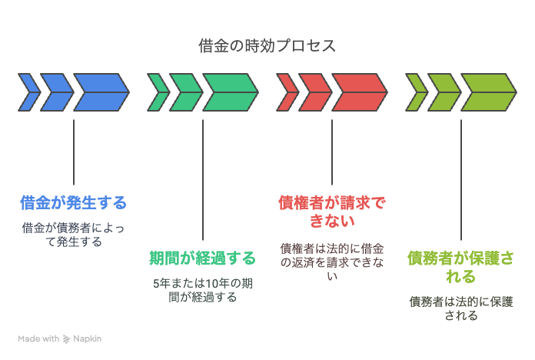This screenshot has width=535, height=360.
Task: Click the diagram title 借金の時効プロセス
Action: pos(267,45)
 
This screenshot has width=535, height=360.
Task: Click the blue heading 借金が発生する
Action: pos(73,202)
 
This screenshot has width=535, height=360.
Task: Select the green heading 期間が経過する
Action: pos(203,258)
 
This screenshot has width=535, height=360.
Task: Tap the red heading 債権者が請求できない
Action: pos(332,212)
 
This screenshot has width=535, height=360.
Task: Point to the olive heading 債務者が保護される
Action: pos(461,267)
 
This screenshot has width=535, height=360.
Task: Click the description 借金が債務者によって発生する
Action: pos(73,235)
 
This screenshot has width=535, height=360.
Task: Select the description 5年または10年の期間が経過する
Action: pos(203,290)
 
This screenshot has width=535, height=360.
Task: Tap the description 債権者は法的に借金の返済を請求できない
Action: pos(332,262)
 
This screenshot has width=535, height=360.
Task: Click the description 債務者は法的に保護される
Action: pos(461,308)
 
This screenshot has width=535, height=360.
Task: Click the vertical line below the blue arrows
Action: pos(74,152)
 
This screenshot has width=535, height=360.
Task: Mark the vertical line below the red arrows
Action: pos(332,152)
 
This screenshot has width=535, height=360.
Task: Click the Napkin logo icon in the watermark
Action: pos(67,338)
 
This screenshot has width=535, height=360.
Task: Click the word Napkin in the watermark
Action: pos(88,338)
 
